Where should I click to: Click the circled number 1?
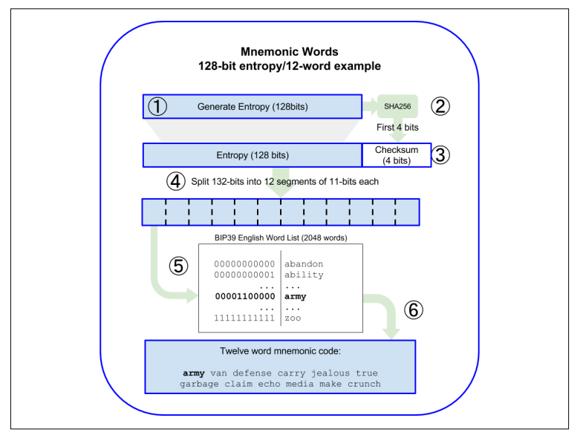pos(157,106)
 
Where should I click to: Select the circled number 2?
pos(442,106)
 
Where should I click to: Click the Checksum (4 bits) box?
pos(395,155)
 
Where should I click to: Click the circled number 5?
pos(178,266)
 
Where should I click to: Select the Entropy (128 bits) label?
pos(252,155)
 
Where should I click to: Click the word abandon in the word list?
pos(304,264)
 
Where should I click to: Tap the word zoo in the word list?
pos(294,318)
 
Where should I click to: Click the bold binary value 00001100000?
pos(244,296)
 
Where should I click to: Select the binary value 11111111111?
pos(244,318)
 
